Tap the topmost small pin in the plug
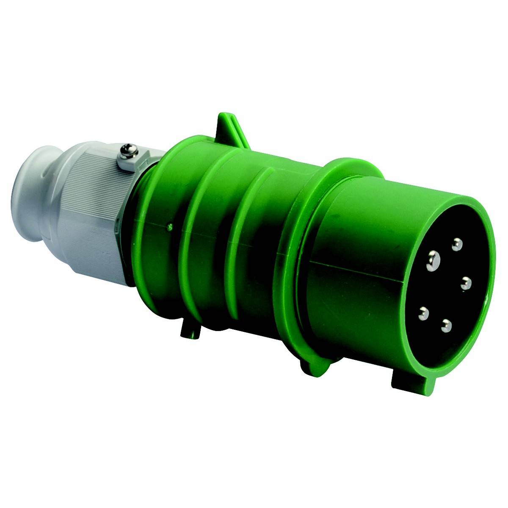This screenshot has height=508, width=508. [x=456, y=244]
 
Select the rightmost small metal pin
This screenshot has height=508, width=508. [x=466, y=283]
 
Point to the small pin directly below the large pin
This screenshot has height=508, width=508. [x=422, y=314]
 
